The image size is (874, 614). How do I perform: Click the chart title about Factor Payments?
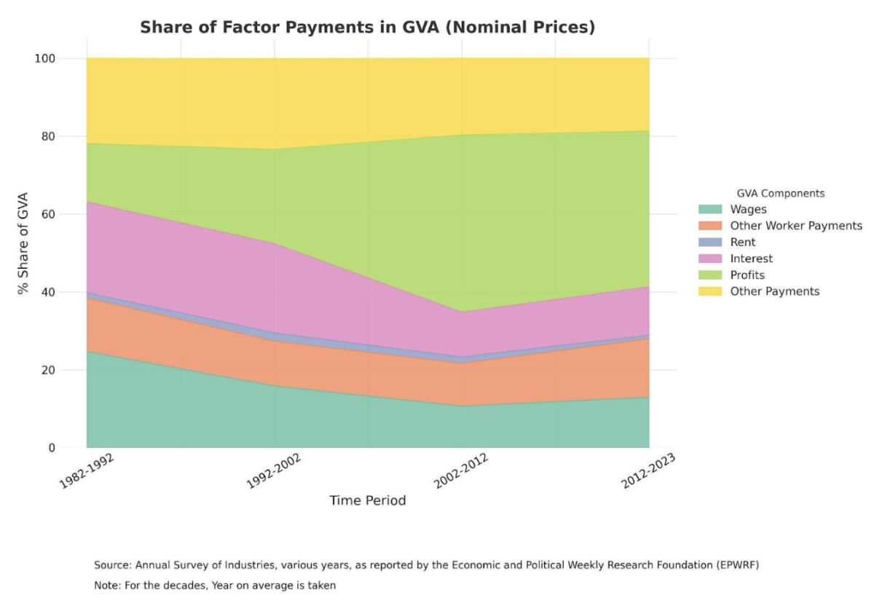pyautogui.click(x=367, y=28)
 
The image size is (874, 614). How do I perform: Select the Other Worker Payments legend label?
pyautogui.click(x=796, y=226)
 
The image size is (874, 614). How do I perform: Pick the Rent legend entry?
pyautogui.click(x=743, y=243)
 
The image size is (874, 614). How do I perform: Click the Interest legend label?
pyautogui.click(x=751, y=259)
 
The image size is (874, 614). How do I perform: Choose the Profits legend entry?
pyautogui.click(x=747, y=275)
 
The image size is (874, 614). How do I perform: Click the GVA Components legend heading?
pyautogui.click(x=780, y=194)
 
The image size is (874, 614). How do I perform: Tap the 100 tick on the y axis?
pyautogui.click(x=66, y=58)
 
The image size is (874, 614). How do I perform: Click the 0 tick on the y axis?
pyautogui.click(x=72, y=448)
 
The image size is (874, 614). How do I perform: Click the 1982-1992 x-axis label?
pyautogui.click(x=87, y=471)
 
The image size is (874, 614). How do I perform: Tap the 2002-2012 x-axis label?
pyautogui.click(x=461, y=471)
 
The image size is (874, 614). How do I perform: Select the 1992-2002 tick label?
pyautogui.click(x=274, y=471)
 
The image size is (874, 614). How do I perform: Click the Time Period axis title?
pyautogui.click(x=367, y=501)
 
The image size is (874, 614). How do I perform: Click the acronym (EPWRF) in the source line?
pyautogui.click(x=731, y=565)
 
